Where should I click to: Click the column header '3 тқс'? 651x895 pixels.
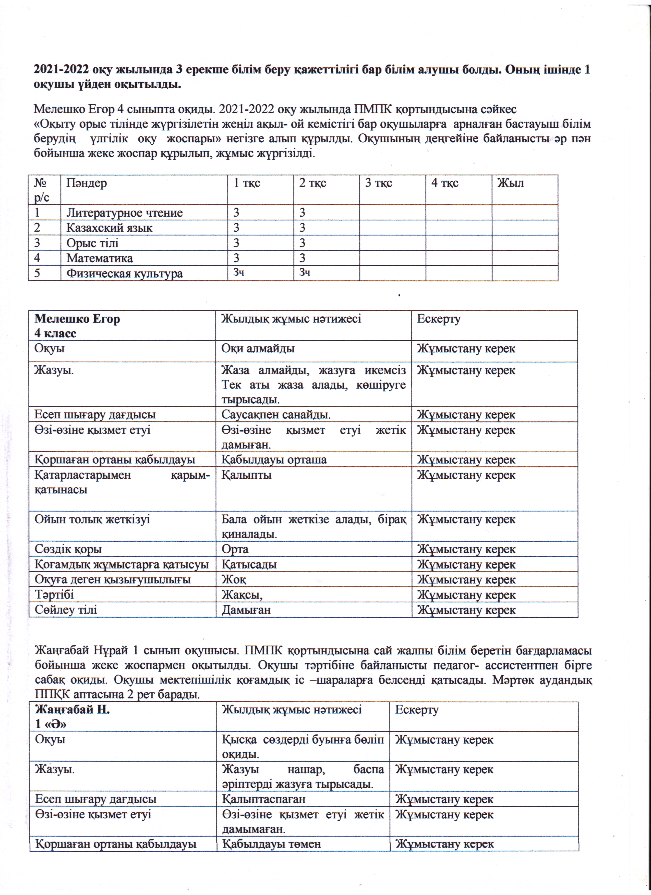pyautogui.click(x=378, y=183)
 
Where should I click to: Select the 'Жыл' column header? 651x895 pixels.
pyautogui.click(x=510, y=183)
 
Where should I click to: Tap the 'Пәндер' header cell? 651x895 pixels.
pyautogui.click(x=87, y=183)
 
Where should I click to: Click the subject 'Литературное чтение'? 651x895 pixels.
pyautogui.click(x=124, y=213)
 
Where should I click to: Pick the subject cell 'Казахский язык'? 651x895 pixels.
pyautogui.click(x=109, y=228)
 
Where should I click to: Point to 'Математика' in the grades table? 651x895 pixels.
pyautogui.click(x=100, y=258)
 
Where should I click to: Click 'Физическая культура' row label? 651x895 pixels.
pyautogui.click(x=124, y=274)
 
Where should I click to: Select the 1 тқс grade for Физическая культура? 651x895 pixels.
pyautogui.click(x=238, y=272)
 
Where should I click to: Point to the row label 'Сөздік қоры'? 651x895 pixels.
pyautogui.click(x=68, y=549)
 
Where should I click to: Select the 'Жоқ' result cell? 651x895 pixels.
pyautogui.click(x=234, y=580)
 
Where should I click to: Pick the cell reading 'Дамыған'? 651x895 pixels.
pyautogui.click(x=246, y=610)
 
